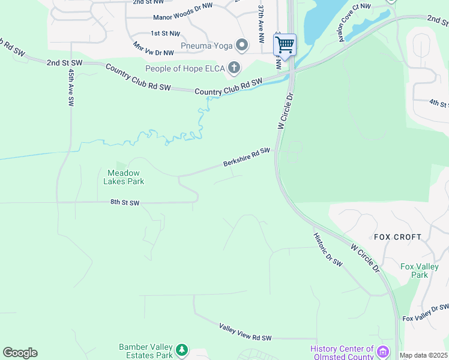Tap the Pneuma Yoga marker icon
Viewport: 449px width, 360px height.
[242, 46]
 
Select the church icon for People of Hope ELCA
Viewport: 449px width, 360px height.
[234, 67]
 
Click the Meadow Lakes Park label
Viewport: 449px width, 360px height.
[124, 177]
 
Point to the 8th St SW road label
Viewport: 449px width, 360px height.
[125, 203]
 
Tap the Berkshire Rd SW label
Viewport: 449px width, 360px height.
[246, 157]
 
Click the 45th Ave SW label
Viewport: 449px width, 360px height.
[71, 88]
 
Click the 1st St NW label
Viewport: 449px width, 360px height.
[165, 33]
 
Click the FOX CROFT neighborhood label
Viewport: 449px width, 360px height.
[397, 237]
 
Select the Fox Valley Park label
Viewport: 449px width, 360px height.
[415, 271]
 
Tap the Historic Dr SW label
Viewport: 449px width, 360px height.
[328, 250]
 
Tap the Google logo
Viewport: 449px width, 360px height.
[20, 353]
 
